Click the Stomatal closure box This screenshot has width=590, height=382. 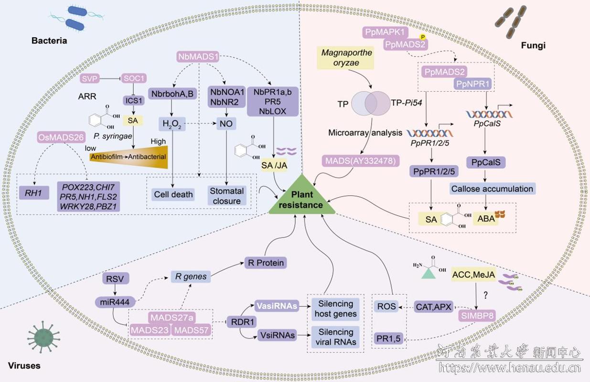point(226,196)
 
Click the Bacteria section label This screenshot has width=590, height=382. point(49,41)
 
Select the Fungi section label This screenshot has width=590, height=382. point(533,46)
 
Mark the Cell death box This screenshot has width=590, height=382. point(173,194)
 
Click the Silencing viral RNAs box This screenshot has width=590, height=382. point(336,336)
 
